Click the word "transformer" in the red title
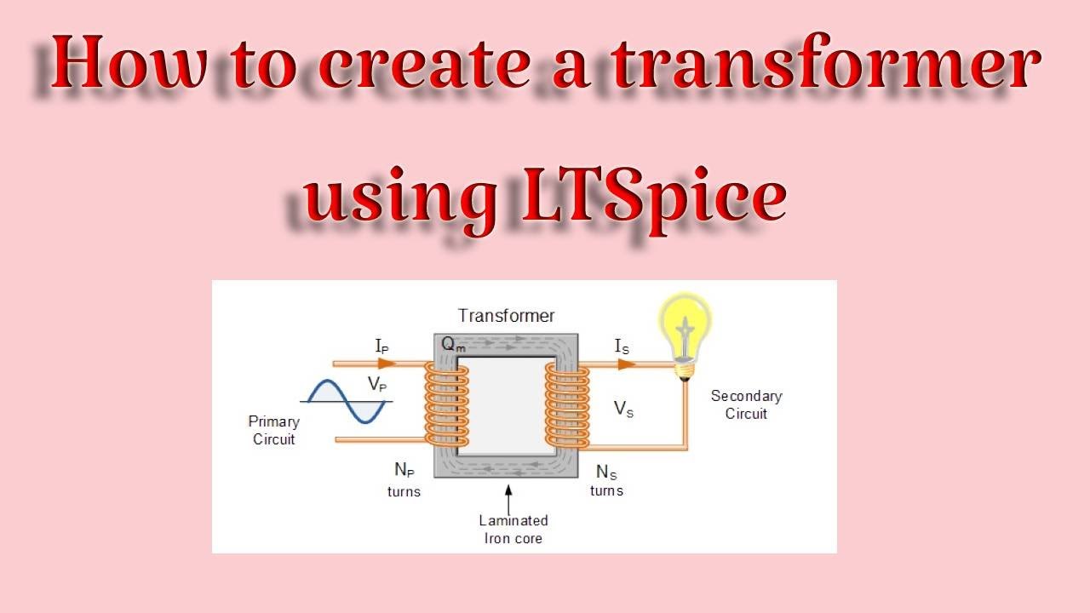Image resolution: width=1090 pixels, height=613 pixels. (827, 66)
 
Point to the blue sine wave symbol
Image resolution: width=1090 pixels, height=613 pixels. (345, 402)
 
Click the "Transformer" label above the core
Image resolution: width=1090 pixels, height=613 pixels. (506, 316)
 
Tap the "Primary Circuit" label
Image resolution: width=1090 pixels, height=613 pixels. (273, 430)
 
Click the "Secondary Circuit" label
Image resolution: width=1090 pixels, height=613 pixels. (746, 404)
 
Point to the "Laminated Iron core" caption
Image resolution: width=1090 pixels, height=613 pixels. (513, 529)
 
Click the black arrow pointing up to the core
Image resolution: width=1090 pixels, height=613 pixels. (508, 499)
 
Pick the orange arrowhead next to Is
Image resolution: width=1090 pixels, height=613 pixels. (626, 364)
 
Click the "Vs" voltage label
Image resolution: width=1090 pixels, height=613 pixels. (623, 409)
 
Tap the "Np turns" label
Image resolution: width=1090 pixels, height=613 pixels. (404, 479)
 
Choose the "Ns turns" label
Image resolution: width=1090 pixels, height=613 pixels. (606, 480)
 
